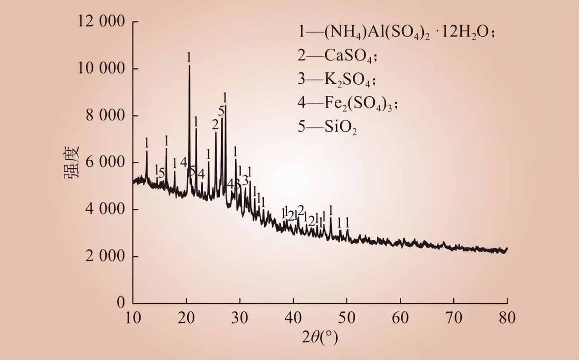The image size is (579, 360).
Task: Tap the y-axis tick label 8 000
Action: pos(103,116)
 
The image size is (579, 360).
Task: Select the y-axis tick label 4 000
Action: pos(103,209)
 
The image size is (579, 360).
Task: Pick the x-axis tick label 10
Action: pos(133,318)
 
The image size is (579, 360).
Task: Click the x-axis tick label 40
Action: pos(293,318)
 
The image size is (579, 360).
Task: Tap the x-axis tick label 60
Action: pos(400,318)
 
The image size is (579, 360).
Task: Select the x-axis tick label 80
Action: pos(507,318)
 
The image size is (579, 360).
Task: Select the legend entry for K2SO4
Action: pos(337,81)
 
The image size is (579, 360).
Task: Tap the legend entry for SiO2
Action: pos(327,128)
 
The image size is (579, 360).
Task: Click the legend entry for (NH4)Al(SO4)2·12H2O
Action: pos(394,33)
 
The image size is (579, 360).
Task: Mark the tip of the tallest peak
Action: pos(189,66)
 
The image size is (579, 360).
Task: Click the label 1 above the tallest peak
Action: pos(189,57)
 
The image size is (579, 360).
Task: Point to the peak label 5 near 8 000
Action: pos(221,111)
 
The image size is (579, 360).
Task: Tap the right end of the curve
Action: pos(507,248)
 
